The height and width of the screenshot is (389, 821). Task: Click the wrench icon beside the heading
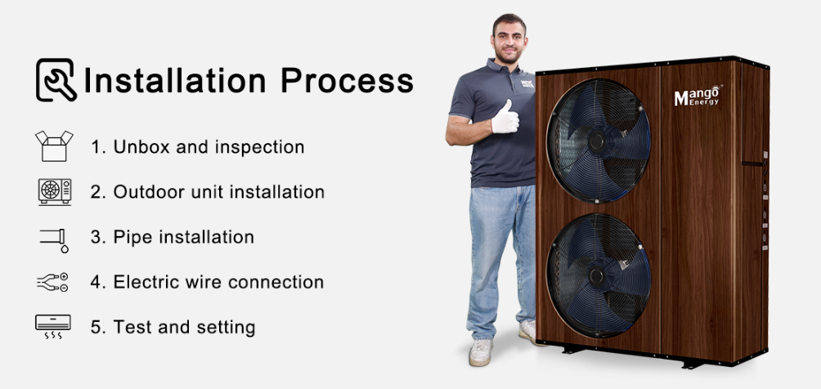56,79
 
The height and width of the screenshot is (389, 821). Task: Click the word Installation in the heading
175,81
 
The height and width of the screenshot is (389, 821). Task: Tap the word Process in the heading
348,81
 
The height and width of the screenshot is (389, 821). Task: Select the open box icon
54,146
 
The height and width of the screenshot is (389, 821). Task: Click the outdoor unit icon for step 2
55,191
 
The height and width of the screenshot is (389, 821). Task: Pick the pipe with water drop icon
55,240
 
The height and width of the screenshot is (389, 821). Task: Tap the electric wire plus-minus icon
52,282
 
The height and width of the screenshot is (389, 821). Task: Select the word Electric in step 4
142,282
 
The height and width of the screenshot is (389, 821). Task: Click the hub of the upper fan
596,141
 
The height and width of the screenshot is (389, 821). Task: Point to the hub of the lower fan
596,276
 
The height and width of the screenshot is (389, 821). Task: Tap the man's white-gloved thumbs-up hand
505,118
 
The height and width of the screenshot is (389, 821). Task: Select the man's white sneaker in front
481,352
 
